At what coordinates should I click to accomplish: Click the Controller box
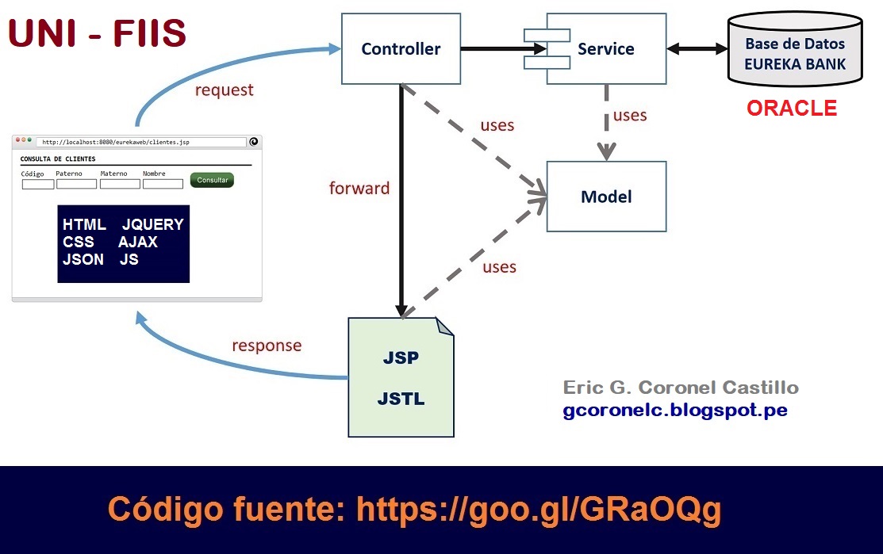coord(401,49)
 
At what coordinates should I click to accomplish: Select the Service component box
coord(605,49)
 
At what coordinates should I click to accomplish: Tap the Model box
coord(606,197)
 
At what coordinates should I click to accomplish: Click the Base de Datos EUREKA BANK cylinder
coord(795,54)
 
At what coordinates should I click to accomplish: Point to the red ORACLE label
coord(792,109)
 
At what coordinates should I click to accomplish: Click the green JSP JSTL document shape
coord(401,378)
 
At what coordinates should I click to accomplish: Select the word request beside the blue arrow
coord(225,90)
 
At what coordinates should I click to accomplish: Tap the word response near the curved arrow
coord(267,346)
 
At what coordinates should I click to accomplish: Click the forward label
coord(359,189)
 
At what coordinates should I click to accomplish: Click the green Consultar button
coord(212,180)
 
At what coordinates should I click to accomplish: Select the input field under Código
coord(37,184)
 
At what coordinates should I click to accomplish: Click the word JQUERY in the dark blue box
coord(153,224)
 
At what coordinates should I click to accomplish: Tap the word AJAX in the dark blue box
coord(138,242)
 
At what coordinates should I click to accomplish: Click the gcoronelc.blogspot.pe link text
coord(675,411)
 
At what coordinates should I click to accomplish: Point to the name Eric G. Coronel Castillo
coord(681,388)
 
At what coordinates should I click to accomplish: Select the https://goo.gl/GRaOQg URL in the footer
coord(539,509)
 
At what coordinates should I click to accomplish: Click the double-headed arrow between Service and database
coord(697,49)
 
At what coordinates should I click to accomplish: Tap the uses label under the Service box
coord(630,116)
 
